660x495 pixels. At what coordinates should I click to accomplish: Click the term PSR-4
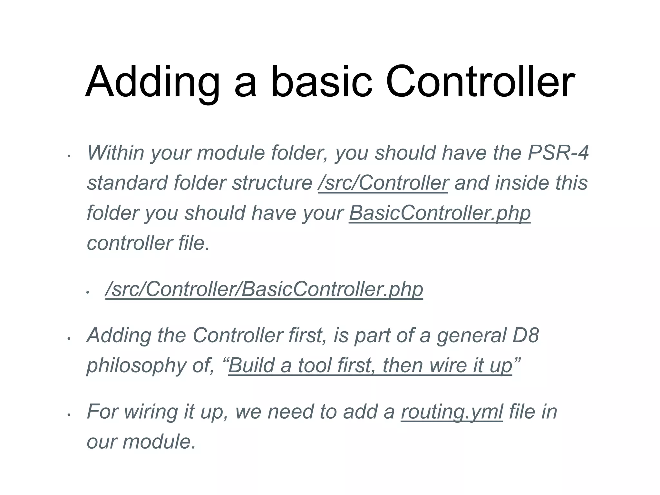pos(558,152)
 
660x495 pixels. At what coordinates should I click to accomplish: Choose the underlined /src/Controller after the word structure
pos(383,183)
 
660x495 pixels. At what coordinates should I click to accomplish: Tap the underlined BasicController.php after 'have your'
pos(440,213)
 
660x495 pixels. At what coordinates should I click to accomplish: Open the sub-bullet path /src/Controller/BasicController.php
pos(264,289)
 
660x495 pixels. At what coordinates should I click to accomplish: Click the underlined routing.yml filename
pos(452,412)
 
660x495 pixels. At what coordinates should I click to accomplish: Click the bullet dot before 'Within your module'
pos(68,156)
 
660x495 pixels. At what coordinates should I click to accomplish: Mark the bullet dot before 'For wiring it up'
pos(68,415)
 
